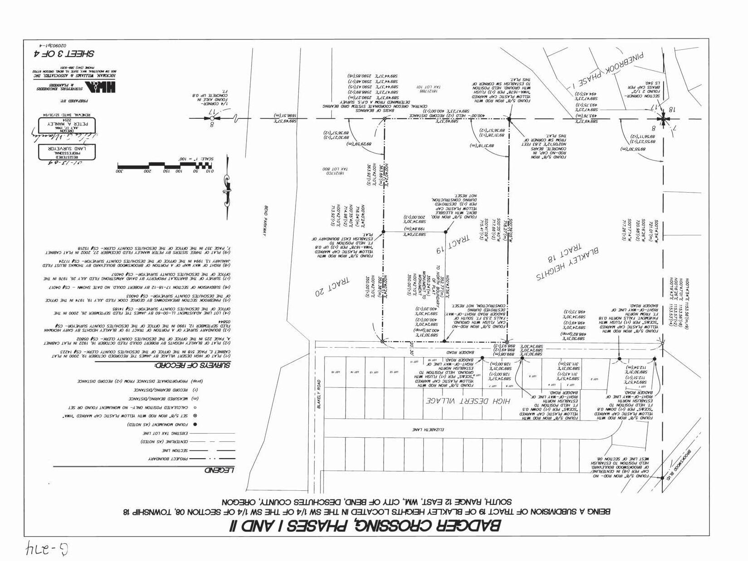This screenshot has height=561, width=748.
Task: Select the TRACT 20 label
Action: point(334,286)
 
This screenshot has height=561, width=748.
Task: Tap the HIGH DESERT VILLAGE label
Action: point(468,401)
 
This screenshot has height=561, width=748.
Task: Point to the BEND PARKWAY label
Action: point(262,221)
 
